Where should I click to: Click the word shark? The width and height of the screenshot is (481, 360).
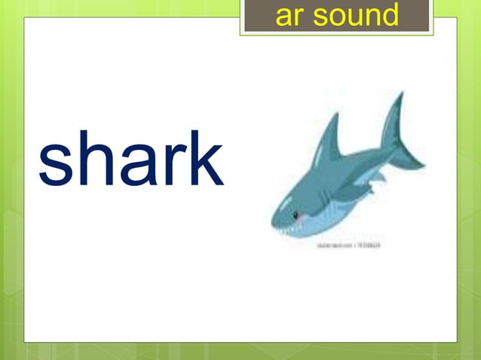tap(130, 159)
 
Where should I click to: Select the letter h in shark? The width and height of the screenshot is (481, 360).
tap(93, 159)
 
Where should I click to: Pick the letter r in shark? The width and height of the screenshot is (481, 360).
tap(167, 168)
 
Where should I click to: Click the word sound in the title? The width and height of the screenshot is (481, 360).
tap(359, 14)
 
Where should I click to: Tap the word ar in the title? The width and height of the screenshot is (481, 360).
tap(289, 16)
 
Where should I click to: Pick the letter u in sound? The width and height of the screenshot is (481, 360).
tap(349, 16)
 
